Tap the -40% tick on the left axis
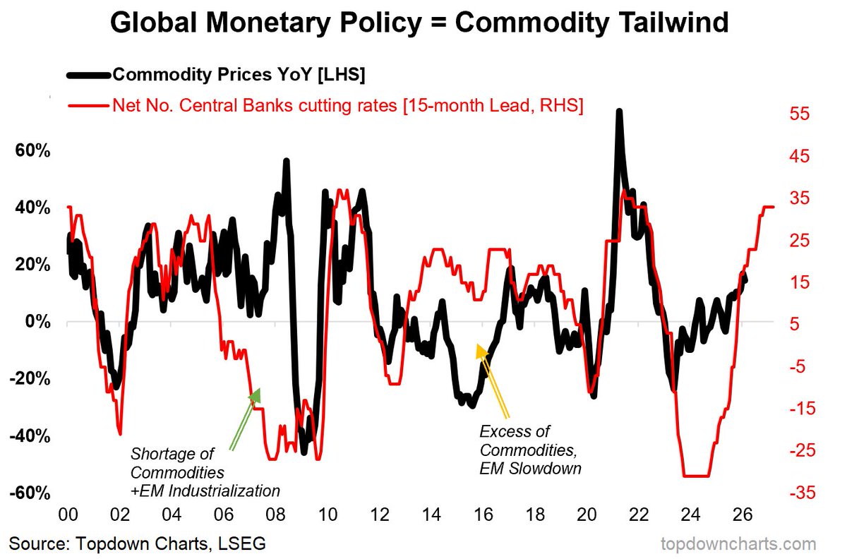pyautogui.click(x=29, y=435)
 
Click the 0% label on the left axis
pyautogui.click(x=36, y=322)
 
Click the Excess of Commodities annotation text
pyautogui.click(x=529, y=450)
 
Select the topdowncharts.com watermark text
pyautogui.click(x=738, y=544)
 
